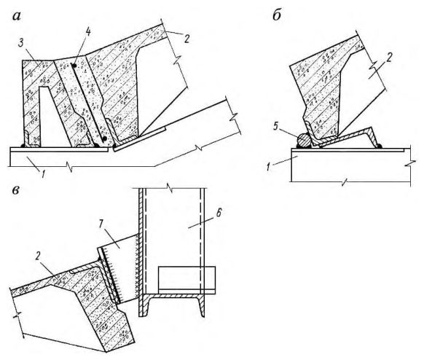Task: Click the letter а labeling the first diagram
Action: [x=16, y=17]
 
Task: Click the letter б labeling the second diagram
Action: [x=276, y=15]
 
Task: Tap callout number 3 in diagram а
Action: [x=22, y=43]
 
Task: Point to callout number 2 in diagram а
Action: [x=187, y=39]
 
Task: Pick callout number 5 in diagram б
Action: [x=275, y=126]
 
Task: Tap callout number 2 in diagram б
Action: [x=388, y=58]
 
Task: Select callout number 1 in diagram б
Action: [x=268, y=168]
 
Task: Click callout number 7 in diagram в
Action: [x=102, y=224]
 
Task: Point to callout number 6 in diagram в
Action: [x=219, y=213]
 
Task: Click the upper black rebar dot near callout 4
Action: [x=74, y=66]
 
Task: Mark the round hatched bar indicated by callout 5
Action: [x=304, y=140]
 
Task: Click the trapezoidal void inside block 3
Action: [x=53, y=117]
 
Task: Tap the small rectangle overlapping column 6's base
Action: [x=187, y=281]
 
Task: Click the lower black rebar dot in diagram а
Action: [x=105, y=138]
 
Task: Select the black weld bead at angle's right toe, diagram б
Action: [x=380, y=146]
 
